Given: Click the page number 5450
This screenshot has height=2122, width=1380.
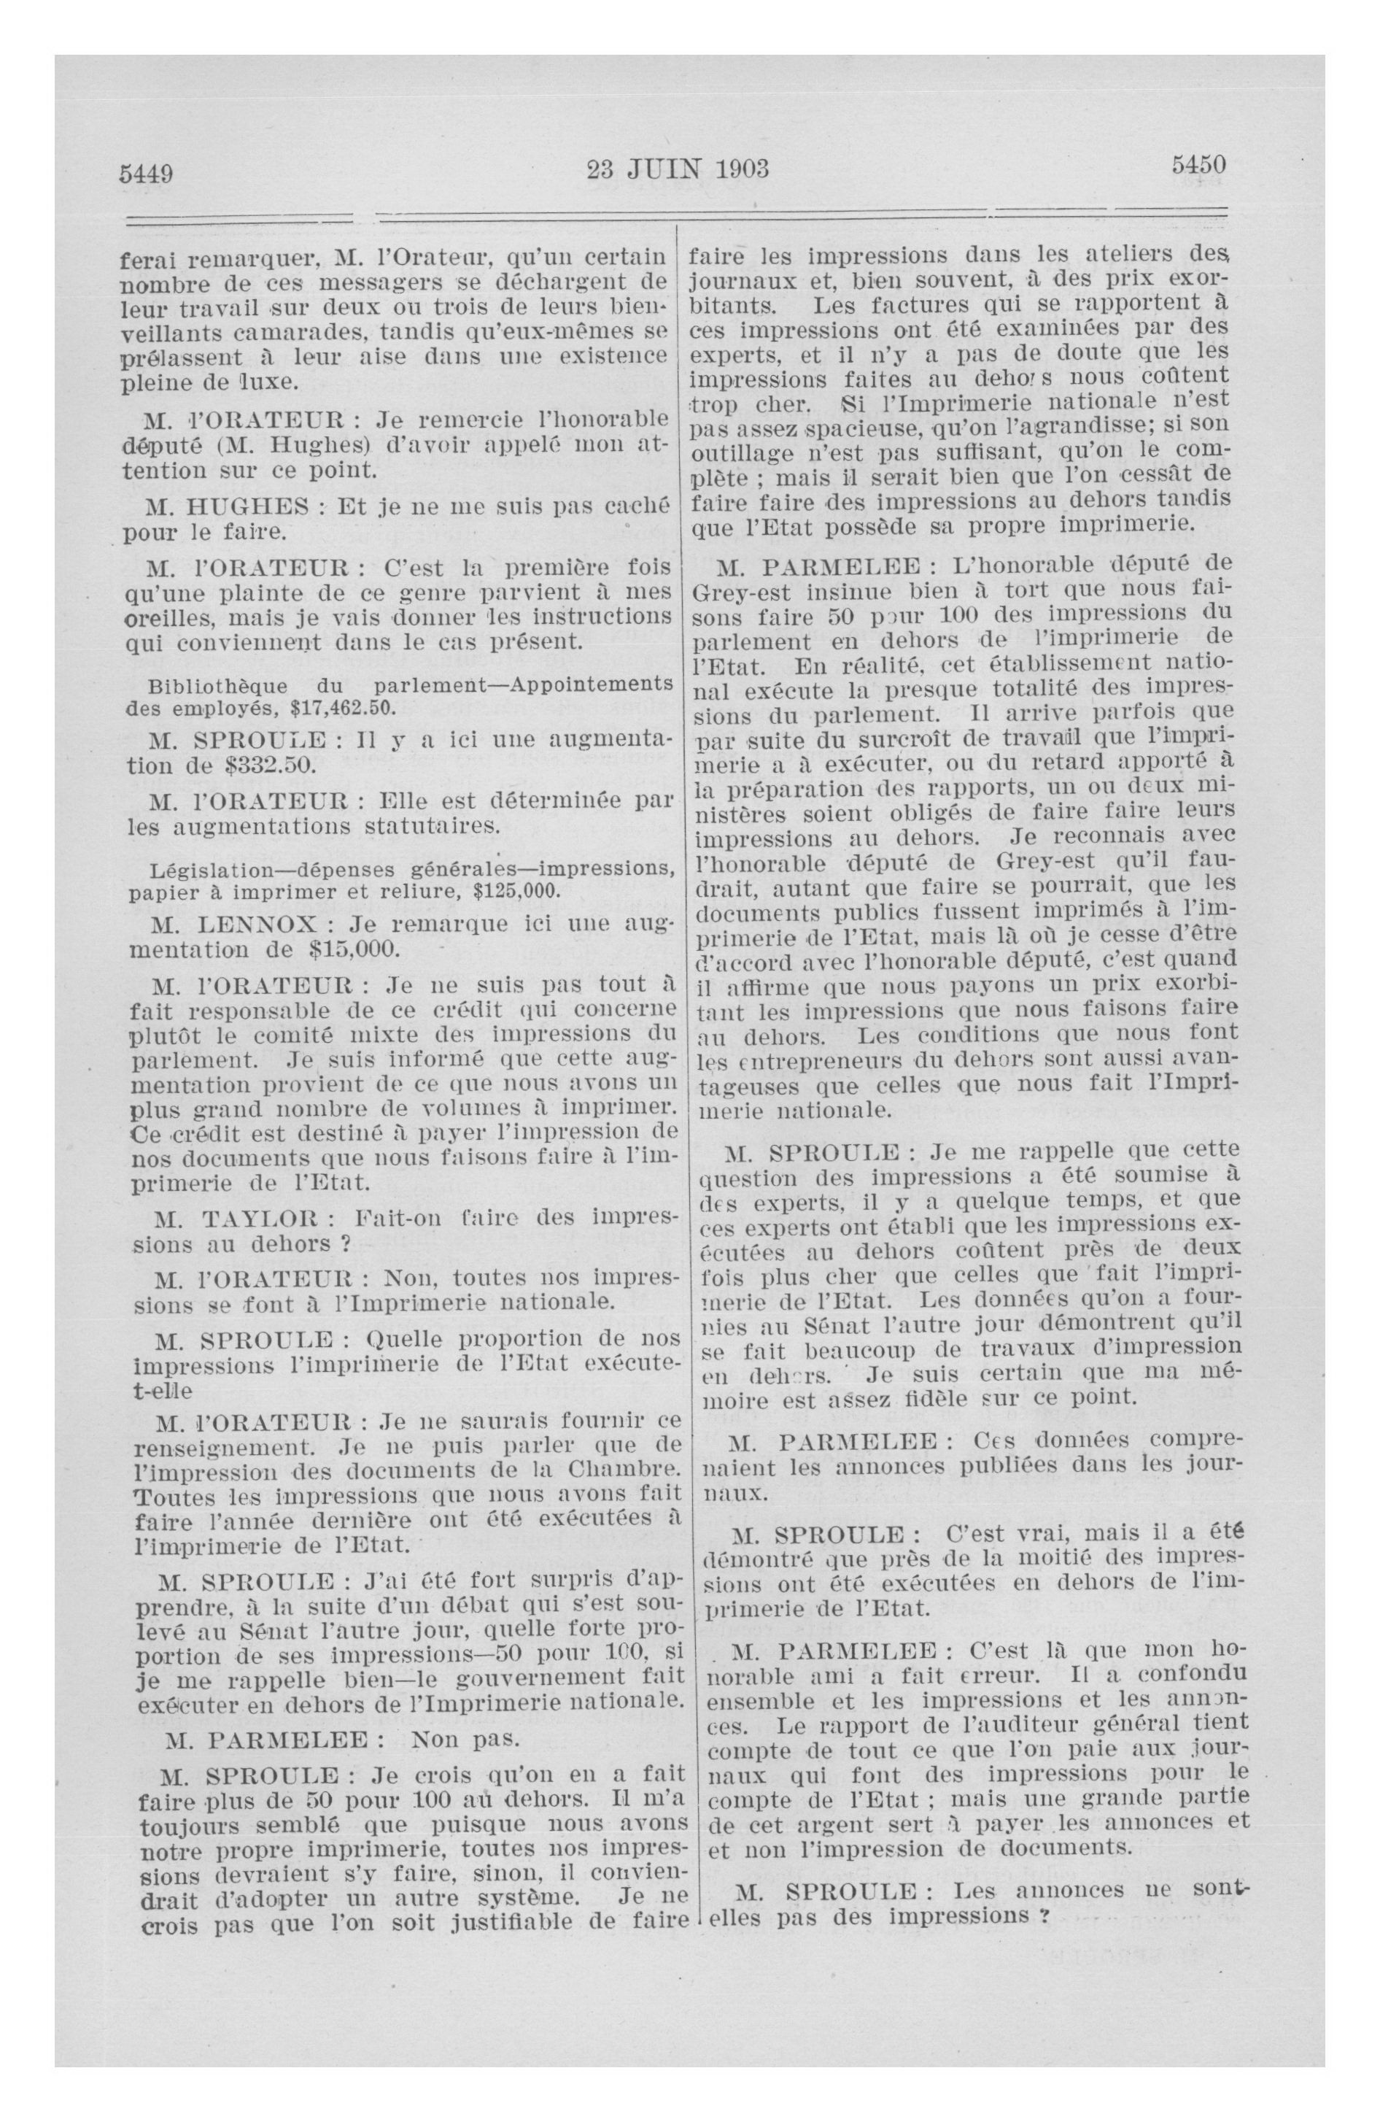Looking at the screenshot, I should click(1198, 164).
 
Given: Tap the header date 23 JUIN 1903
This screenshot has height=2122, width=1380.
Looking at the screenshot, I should click(678, 168).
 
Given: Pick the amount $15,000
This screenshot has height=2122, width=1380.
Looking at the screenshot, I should click(354, 948).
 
